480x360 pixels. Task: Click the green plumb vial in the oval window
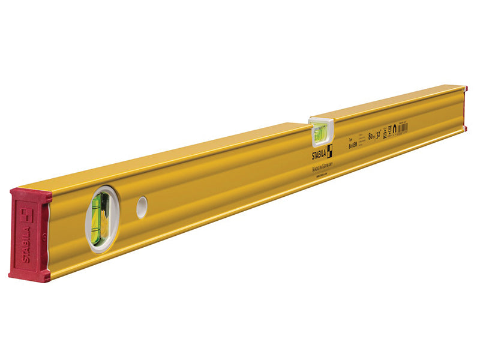tap(97, 216)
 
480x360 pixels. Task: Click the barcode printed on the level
tap(403, 128)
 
